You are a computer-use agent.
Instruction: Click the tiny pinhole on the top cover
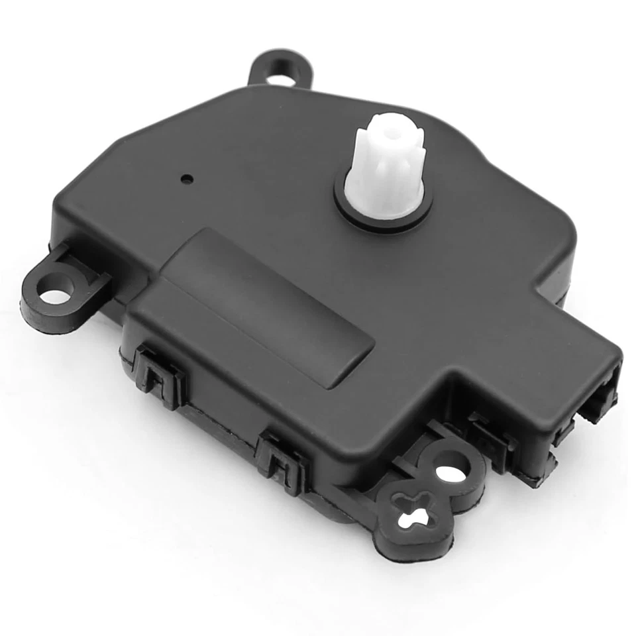click(x=189, y=178)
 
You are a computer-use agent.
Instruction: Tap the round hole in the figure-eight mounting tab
click(x=453, y=469)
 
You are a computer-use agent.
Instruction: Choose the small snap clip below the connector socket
click(x=564, y=434)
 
